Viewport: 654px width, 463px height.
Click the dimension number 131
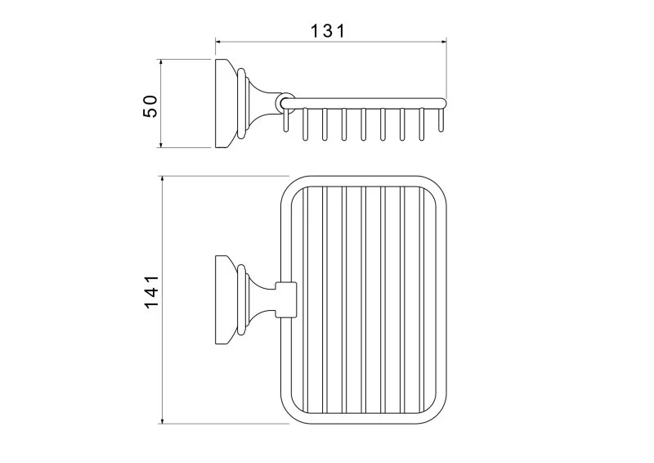pos(329,31)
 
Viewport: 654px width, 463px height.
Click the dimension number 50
pos(150,106)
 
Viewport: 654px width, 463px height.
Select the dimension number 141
pos(151,291)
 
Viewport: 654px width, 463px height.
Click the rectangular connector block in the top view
pos(286,300)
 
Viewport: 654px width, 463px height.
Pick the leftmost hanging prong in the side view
pos(285,120)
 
